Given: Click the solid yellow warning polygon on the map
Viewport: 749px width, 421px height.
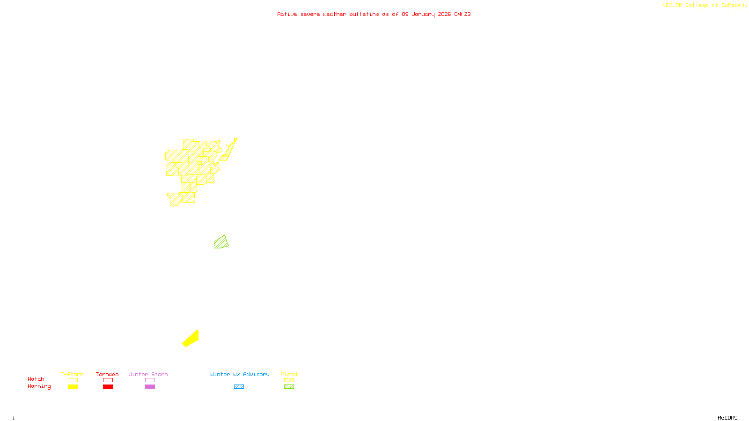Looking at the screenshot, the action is point(191,339).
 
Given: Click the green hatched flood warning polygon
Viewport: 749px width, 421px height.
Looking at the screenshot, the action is point(221,243).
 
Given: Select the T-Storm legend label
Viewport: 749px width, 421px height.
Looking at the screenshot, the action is point(72,374).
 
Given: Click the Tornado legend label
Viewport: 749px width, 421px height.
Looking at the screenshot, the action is point(107,374).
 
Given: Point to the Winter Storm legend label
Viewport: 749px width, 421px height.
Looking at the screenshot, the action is point(148,374).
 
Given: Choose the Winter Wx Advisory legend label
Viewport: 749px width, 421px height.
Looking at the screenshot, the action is point(240,374).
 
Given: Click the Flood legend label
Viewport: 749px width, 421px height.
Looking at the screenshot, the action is point(289,374).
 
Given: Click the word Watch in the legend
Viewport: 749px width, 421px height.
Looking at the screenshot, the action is point(36,379).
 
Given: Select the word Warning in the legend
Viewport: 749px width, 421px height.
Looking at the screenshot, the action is point(39,386).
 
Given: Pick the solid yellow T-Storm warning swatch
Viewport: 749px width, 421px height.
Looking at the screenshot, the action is point(73,387).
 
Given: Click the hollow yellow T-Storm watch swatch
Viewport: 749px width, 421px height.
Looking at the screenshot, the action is point(73,380).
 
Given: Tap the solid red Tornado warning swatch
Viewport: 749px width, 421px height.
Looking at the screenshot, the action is point(108,387).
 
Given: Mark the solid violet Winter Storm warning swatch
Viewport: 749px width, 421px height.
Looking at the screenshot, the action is point(150,387).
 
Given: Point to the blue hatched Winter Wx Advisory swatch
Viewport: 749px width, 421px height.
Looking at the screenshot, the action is point(239,387).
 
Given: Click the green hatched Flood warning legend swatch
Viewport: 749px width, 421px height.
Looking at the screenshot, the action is point(289,387).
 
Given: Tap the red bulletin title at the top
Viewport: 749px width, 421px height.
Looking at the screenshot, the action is point(374,14).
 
